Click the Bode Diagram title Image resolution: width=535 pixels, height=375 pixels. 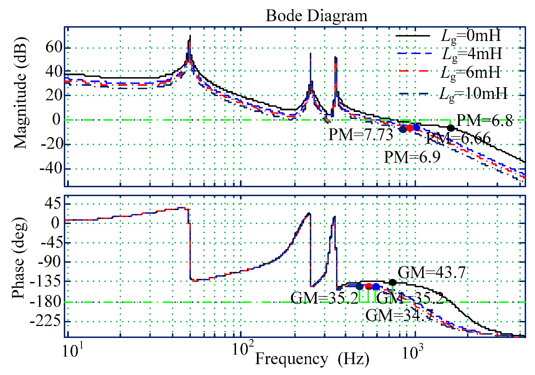[x=316, y=16]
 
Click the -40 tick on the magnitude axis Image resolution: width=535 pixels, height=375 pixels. [x=50, y=169]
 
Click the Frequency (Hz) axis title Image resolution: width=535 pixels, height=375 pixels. [x=312, y=359]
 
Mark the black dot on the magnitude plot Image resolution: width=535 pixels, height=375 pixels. [x=451, y=128]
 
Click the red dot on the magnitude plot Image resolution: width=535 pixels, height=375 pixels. [x=410, y=128]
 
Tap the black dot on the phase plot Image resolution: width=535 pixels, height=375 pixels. [x=392, y=283]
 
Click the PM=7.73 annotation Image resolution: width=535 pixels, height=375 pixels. [x=361, y=135]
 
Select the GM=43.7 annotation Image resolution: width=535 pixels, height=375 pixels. [x=432, y=272]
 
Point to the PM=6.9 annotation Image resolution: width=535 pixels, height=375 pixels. [x=412, y=157]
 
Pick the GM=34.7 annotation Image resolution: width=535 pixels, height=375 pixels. [x=399, y=316]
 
